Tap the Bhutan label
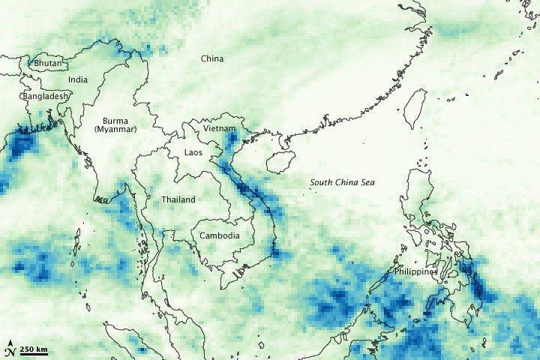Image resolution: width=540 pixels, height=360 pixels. coord(47,64)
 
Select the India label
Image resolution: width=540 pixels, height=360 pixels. coord(77,79)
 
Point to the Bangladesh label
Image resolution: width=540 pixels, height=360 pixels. coord(45,97)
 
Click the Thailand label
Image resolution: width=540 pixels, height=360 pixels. coord(178,199)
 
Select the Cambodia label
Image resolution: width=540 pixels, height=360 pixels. coord(220,235)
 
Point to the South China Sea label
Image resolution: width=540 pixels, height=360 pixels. coord(343,182)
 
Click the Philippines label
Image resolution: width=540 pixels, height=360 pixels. coord(416,272)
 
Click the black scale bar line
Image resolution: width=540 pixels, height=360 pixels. coord(33,355)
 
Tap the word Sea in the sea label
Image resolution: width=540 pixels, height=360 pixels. coord(366,182)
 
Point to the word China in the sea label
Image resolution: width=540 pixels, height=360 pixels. coord(346,182)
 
